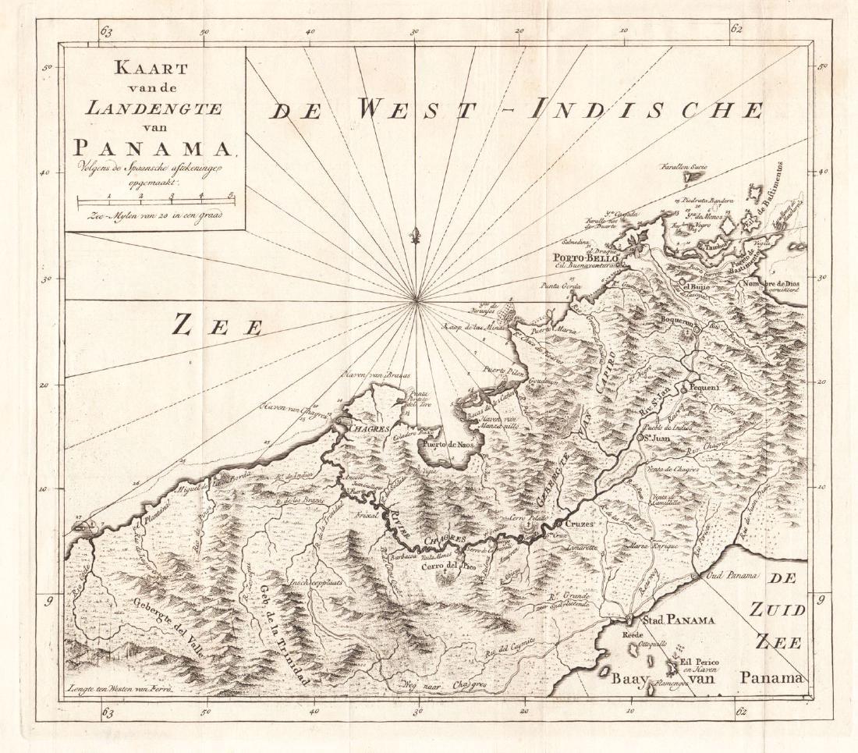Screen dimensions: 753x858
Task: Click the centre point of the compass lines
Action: pos(417,300)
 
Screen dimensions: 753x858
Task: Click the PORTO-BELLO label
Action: pos(586,258)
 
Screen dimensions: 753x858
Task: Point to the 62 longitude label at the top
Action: pos(737,29)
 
